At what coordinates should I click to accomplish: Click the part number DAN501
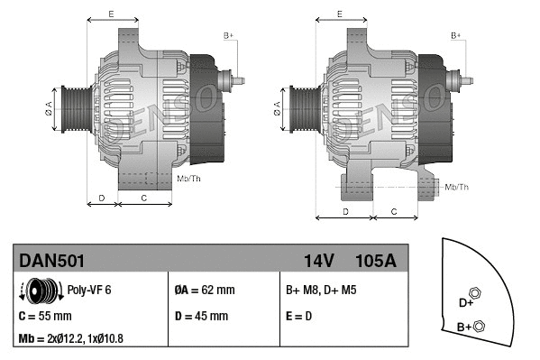pyautogui.click(x=52, y=261)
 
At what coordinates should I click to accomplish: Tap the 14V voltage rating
pyautogui.click(x=319, y=261)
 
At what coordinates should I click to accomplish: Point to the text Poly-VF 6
pyautogui.click(x=88, y=291)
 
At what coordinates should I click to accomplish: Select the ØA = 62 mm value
pyautogui.click(x=205, y=291)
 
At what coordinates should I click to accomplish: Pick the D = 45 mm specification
pyautogui.click(x=201, y=316)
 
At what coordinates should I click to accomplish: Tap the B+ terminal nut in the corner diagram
pyautogui.click(x=479, y=326)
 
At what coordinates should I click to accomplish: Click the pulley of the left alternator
pyautogui.click(x=78, y=108)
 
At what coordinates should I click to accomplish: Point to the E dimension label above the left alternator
pyautogui.click(x=110, y=14)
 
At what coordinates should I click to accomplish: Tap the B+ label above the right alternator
pyautogui.click(x=456, y=35)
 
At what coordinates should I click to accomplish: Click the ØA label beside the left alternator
pyautogui.click(x=50, y=106)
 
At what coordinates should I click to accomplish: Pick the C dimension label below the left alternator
pyautogui.click(x=144, y=197)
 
